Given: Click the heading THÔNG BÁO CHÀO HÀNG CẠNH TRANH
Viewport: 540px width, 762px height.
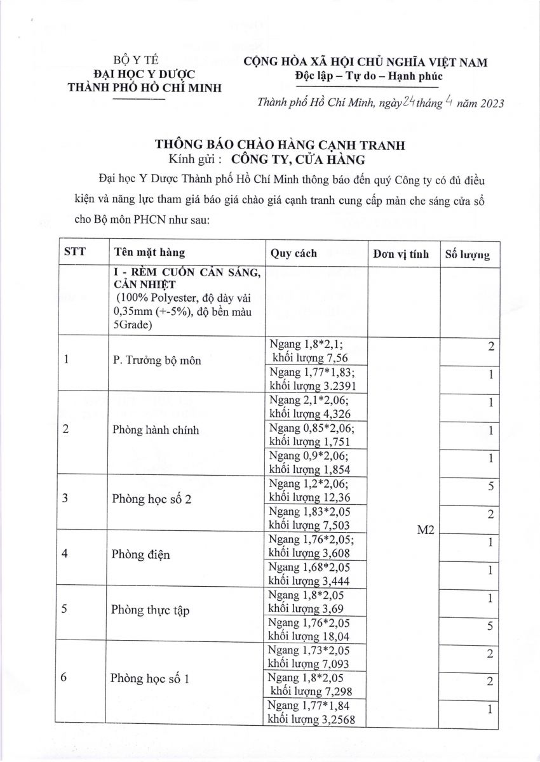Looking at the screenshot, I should coord(280,145).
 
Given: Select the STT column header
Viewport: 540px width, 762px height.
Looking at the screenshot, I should coord(75,253).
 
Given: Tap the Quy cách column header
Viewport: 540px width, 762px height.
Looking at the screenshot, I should coord(294,253).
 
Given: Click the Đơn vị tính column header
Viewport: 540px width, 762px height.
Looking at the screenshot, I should coord(402,254).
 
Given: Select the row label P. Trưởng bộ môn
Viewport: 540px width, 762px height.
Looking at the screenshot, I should coord(156,361).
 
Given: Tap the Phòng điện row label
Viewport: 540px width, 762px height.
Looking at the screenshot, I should coord(140,554).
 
